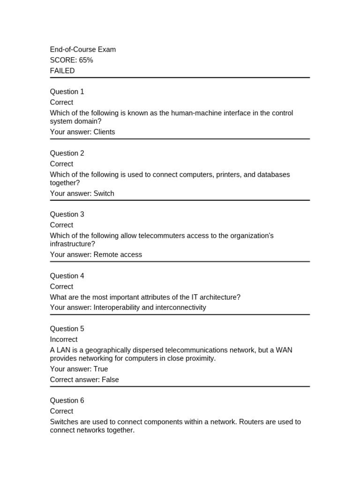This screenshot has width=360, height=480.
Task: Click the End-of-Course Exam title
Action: click(83, 50)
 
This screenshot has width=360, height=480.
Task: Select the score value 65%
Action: click(85, 60)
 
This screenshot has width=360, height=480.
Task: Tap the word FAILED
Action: click(62, 71)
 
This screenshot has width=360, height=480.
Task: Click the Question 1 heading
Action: click(67, 92)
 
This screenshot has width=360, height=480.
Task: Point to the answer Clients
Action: click(104, 132)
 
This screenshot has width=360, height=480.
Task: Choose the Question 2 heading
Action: click(67, 153)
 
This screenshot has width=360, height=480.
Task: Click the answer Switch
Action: click(104, 194)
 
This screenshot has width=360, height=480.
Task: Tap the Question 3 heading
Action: click(67, 215)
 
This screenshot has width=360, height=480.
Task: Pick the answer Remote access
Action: click(118, 255)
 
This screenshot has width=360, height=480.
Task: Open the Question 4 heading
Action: click(67, 276)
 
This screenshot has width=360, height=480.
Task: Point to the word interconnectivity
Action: click(180, 308)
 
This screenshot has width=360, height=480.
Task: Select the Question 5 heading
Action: click(67, 329)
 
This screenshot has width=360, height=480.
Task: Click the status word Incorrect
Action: click(64, 340)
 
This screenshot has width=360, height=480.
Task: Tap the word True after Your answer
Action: click(101, 369)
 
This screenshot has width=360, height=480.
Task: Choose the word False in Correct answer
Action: click(110, 380)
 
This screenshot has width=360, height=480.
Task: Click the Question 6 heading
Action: click(67, 401)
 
